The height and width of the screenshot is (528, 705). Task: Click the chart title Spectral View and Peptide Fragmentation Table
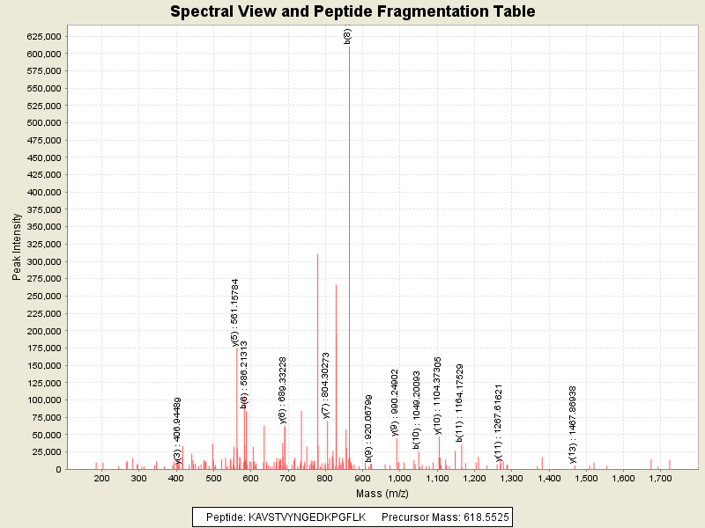coord(352,11)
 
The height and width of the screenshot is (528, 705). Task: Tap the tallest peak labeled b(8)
coord(349,264)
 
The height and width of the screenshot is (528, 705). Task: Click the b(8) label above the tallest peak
coord(348,35)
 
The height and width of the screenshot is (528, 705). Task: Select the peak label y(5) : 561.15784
coord(235,313)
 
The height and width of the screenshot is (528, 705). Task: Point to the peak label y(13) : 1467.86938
coord(573,423)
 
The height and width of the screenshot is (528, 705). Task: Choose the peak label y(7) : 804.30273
coord(326,385)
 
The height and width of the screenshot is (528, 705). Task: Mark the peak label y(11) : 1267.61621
coord(499,422)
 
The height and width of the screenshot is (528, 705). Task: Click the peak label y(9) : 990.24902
coord(396,402)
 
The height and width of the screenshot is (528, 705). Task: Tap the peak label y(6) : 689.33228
coord(283,391)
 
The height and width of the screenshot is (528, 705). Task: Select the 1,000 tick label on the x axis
coord(399,479)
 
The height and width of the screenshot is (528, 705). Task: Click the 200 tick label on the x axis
coord(102,479)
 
